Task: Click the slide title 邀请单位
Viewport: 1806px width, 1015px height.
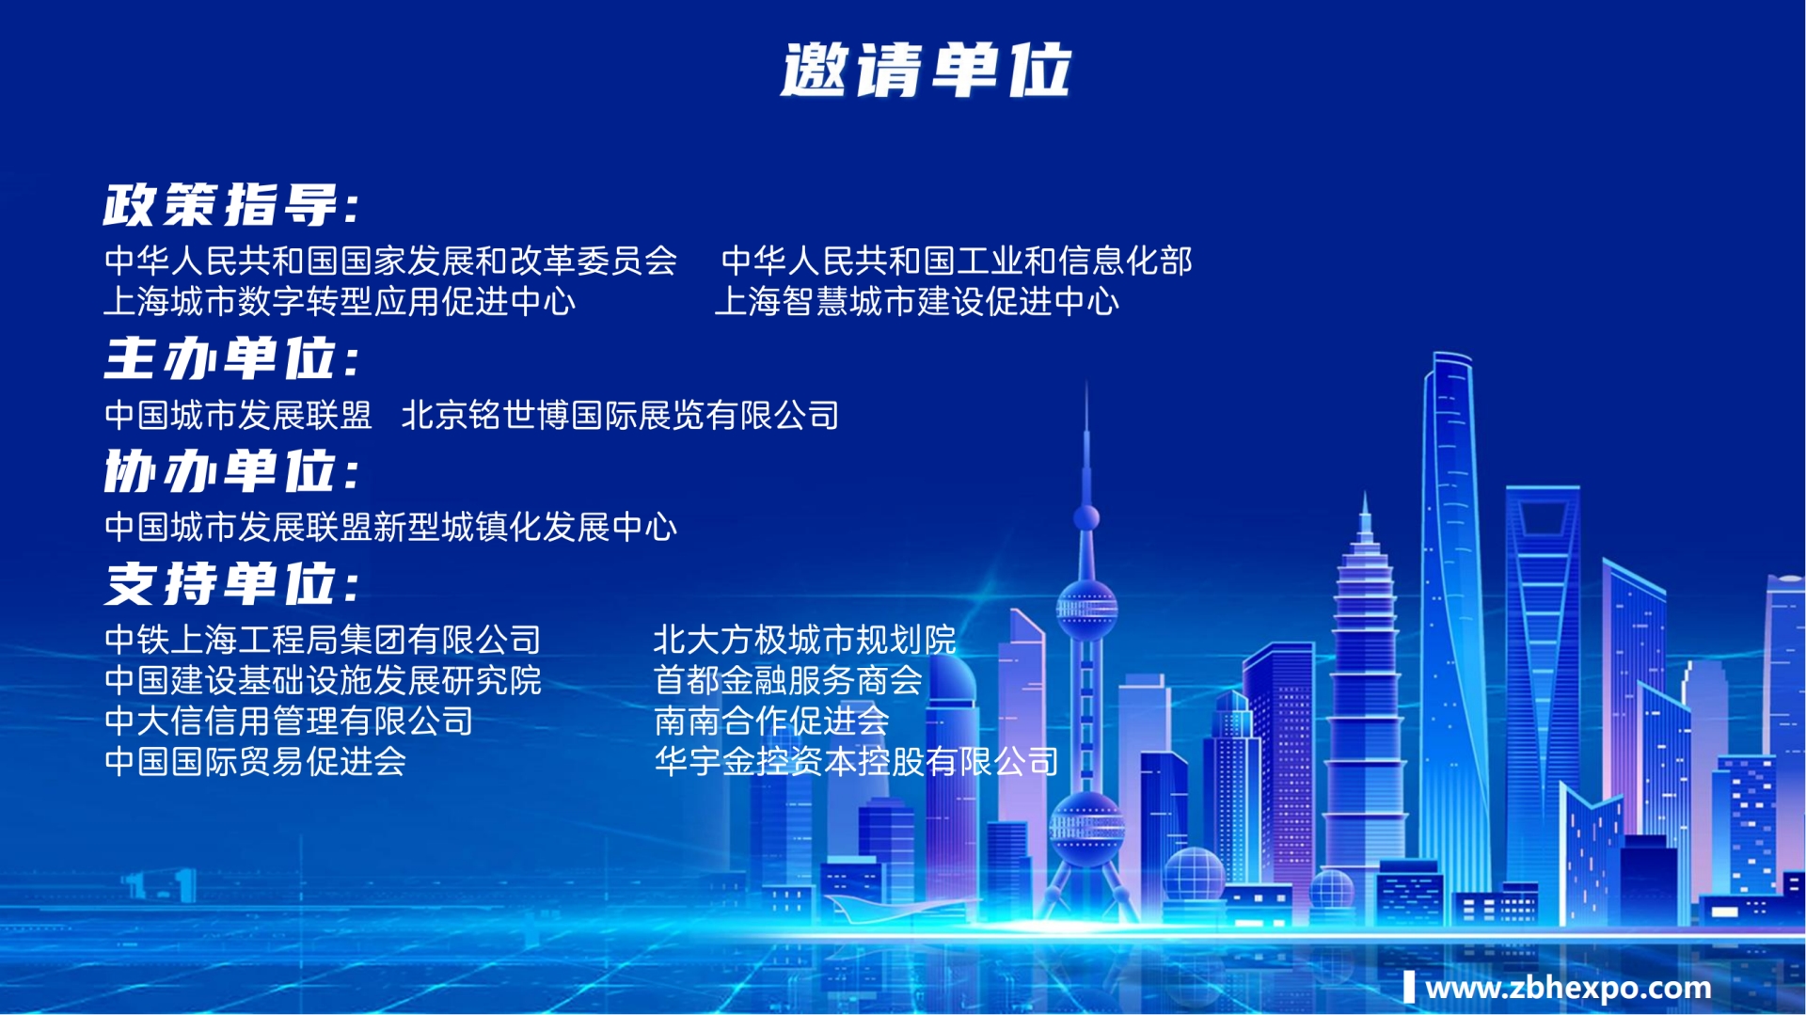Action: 926,71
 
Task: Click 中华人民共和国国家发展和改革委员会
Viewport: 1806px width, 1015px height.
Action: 390,261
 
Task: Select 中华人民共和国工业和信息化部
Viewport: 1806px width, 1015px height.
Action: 957,261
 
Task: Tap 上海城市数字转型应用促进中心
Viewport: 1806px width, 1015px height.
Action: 340,302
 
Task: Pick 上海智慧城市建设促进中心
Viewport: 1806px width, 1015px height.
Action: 917,302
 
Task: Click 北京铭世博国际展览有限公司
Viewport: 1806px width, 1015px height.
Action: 620,415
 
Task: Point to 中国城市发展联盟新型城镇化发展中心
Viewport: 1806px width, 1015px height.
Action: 390,527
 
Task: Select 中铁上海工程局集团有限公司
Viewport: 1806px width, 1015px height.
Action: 323,640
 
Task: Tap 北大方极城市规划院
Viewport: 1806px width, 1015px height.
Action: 804,640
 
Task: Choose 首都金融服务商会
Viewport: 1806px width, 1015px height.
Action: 787,680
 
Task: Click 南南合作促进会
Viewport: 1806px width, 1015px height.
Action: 771,721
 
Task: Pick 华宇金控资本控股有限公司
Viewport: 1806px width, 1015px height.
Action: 856,761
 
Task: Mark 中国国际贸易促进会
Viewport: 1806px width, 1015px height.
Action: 255,761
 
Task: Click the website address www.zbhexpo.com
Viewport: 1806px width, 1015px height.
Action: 1567,988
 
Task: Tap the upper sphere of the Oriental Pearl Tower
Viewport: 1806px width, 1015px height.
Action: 1086,606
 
